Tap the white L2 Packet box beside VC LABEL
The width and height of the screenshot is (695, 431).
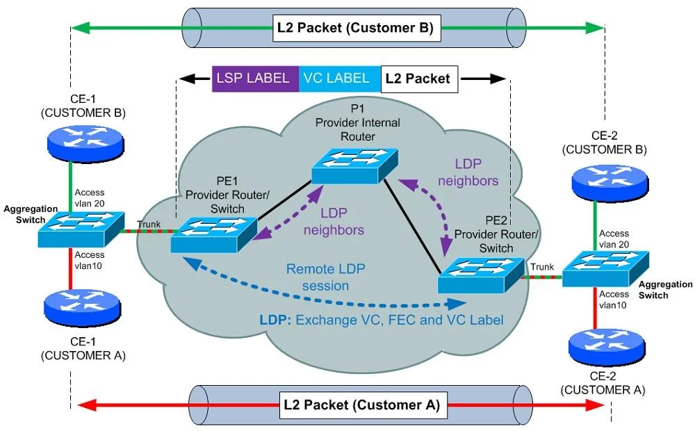pyautogui.click(x=419, y=79)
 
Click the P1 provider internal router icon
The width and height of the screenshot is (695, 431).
pyautogui.click(x=354, y=165)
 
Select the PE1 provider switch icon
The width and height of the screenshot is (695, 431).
pyautogui.click(x=213, y=234)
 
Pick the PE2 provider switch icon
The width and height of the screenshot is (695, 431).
pyautogui.click(x=481, y=275)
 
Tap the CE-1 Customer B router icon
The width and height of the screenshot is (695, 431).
pyautogui.click(x=86, y=143)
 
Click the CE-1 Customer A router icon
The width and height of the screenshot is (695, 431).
pyautogui.click(x=83, y=308)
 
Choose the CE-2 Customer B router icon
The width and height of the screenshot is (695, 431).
pyautogui.click(x=610, y=183)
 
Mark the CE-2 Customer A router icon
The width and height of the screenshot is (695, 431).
pyautogui.click(x=607, y=347)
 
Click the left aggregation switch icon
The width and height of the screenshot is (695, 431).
pyautogui.click(x=81, y=229)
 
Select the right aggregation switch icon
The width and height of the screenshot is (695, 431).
pyautogui.click(x=605, y=269)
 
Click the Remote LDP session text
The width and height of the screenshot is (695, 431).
pyautogui.click(x=326, y=277)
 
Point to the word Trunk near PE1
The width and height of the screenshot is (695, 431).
pyautogui.click(x=149, y=225)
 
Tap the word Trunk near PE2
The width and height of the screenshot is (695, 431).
pyautogui.click(x=542, y=267)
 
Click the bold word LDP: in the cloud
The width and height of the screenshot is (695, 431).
pyautogui.click(x=275, y=320)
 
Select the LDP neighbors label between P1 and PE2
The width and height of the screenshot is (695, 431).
pyautogui.click(x=468, y=172)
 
